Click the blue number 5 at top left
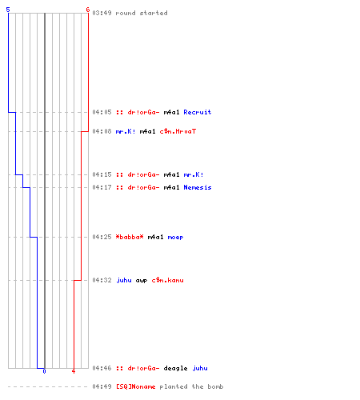(x=8, y=10)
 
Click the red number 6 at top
(x=88, y=10)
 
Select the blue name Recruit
(x=198, y=112)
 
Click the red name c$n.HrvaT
(x=178, y=131)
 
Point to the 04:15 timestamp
(x=102, y=174)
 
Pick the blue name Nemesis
(x=198, y=187)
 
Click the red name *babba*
(x=130, y=237)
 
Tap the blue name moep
(x=175, y=237)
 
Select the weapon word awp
(x=142, y=280)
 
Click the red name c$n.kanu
(x=167, y=280)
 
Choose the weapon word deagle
(x=175, y=368)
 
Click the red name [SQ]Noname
(x=135, y=386)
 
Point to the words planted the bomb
(x=191, y=386)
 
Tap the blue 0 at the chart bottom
(x=44, y=371)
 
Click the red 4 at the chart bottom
(x=74, y=371)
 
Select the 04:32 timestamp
(x=102, y=280)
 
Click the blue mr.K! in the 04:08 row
(x=126, y=131)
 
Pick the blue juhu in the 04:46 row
(x=200, y=368)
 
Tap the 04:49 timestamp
(x=102, y=386)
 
